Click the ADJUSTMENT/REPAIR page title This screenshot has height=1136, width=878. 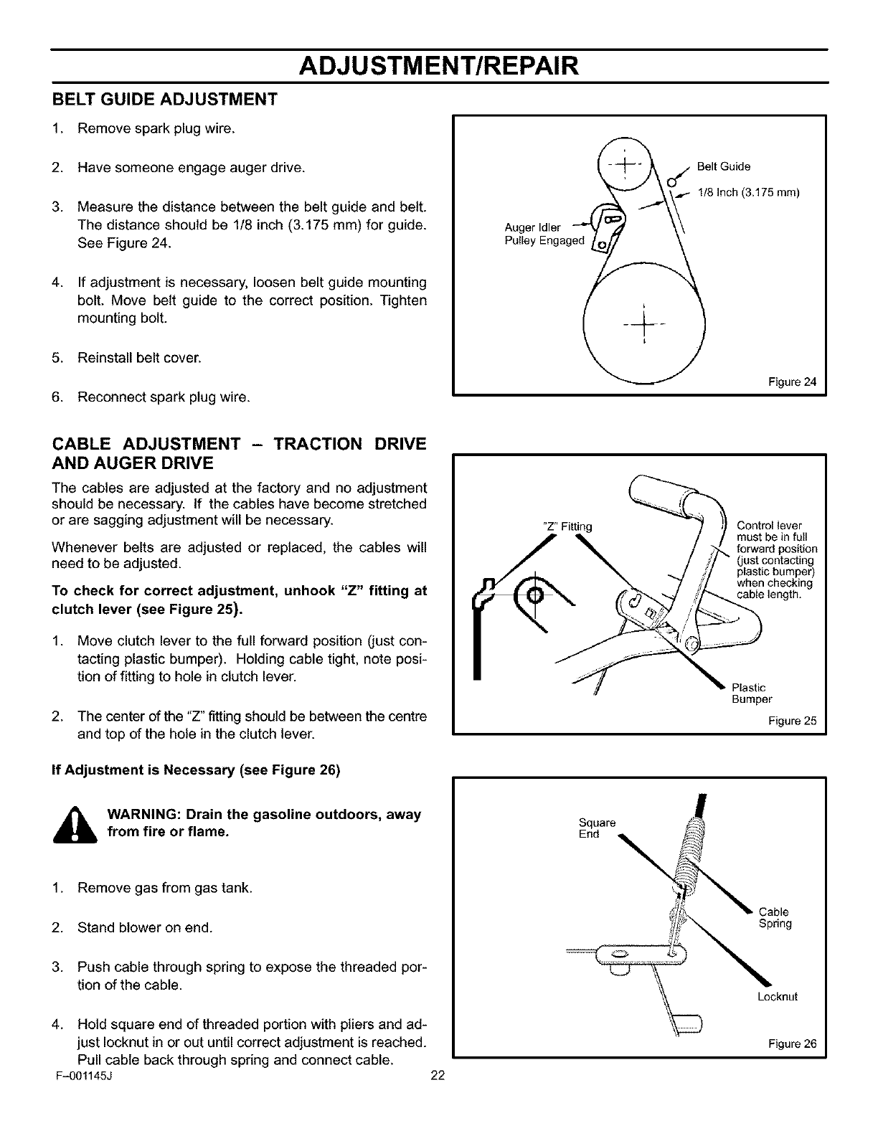pyautogui.click(x=438, y=65)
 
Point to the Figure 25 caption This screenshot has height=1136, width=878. pyautogui.click(x=799, y=721)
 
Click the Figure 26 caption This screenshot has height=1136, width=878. pyautogui.click(x=799, y=1043)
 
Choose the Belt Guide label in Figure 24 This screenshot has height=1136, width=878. pyautogui.click(x=724, y=167)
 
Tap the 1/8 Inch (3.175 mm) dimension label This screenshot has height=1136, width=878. pyautogui.click(x=747, y=193)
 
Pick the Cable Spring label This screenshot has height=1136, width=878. pyautogui.click(x=775, y=918)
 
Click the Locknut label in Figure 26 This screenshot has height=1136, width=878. pyautogui.click(x=777, y=997)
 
